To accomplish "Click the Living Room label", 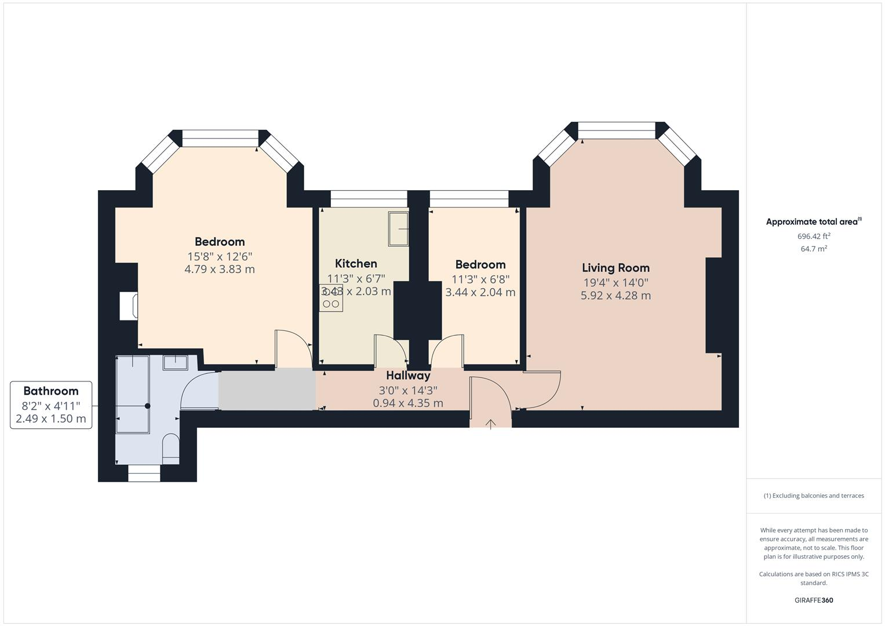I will point(616,268).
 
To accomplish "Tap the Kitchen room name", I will point(356,264).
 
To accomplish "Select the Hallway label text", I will point(408,376).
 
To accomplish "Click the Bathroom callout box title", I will point(51,391).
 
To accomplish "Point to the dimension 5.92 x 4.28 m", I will point(616,296).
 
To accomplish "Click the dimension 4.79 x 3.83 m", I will point(219,270).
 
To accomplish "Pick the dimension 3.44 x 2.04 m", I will point(480,293).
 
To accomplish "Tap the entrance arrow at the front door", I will point(490,424).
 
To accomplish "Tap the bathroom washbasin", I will point(174,363).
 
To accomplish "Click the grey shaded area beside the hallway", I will point(267,389).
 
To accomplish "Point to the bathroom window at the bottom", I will point(144,474).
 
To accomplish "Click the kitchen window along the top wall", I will point(369,199).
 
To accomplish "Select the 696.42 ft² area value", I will point(814,236).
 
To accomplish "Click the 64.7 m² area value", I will point(814,249).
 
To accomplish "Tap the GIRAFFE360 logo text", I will point(814,600).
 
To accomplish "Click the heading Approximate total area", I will point(813,222).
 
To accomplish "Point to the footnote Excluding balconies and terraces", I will point(814,496).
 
